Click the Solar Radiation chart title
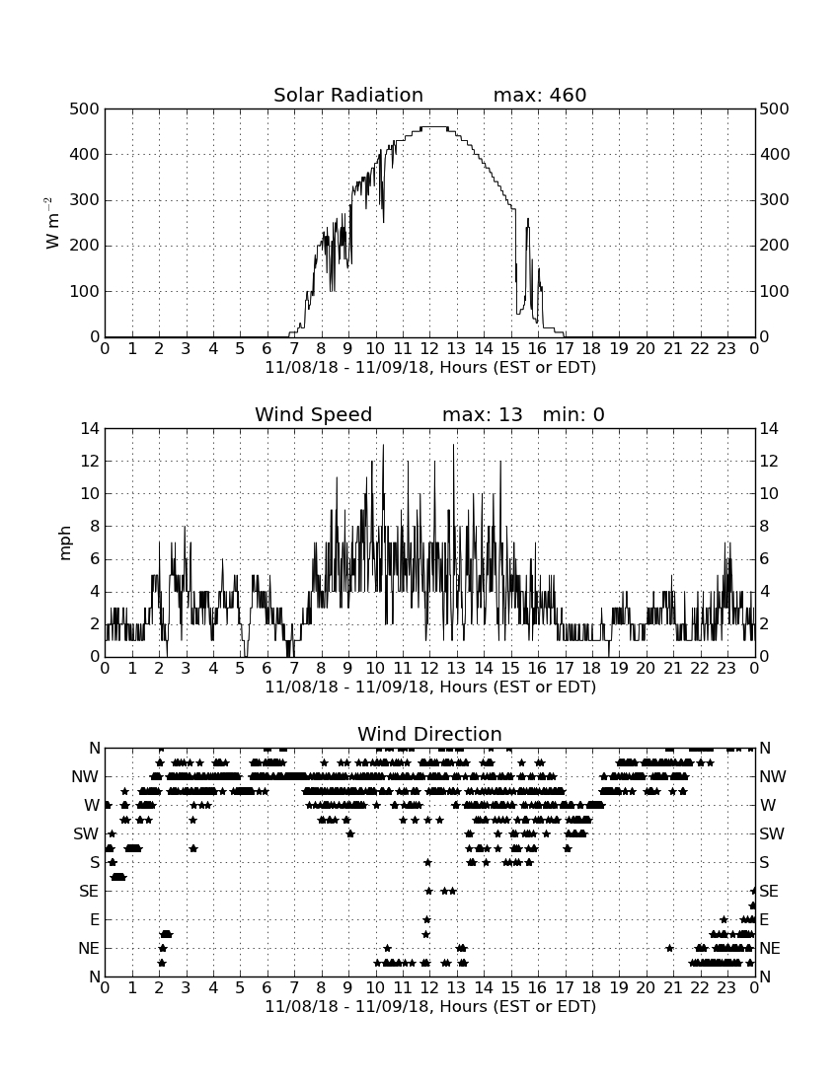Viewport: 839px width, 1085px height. tap(348, 95)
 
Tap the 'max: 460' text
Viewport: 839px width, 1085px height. tap(540, 95)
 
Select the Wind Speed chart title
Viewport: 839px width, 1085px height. tap(314, 414)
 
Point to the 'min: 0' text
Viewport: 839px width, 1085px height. tap(573, 414)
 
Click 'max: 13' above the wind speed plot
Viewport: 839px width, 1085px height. tap(483, 414)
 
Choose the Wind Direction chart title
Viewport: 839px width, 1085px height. tap(430, 734)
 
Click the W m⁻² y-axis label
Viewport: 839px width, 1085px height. tap(52, 223)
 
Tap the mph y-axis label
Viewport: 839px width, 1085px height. tap(65, 543)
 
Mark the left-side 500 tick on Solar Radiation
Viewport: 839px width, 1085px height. tap(85, 108)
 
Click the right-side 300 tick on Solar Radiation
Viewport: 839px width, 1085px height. tap(775, 200)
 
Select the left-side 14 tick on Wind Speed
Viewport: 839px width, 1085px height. tap(90, 429)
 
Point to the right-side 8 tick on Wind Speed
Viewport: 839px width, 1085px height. tap(764, 527)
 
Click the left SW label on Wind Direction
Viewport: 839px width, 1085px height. tap(86, 833)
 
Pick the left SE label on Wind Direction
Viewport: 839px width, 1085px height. tap(89, 892)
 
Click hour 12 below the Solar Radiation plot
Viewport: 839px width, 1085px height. tap(429, 349)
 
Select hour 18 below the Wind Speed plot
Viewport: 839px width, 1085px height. tap(592, 669)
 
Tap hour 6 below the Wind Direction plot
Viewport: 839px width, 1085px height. tap(267, 988)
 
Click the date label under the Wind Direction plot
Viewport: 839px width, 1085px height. tap(430, 1006)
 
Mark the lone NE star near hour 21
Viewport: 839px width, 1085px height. tap(669, 948)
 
